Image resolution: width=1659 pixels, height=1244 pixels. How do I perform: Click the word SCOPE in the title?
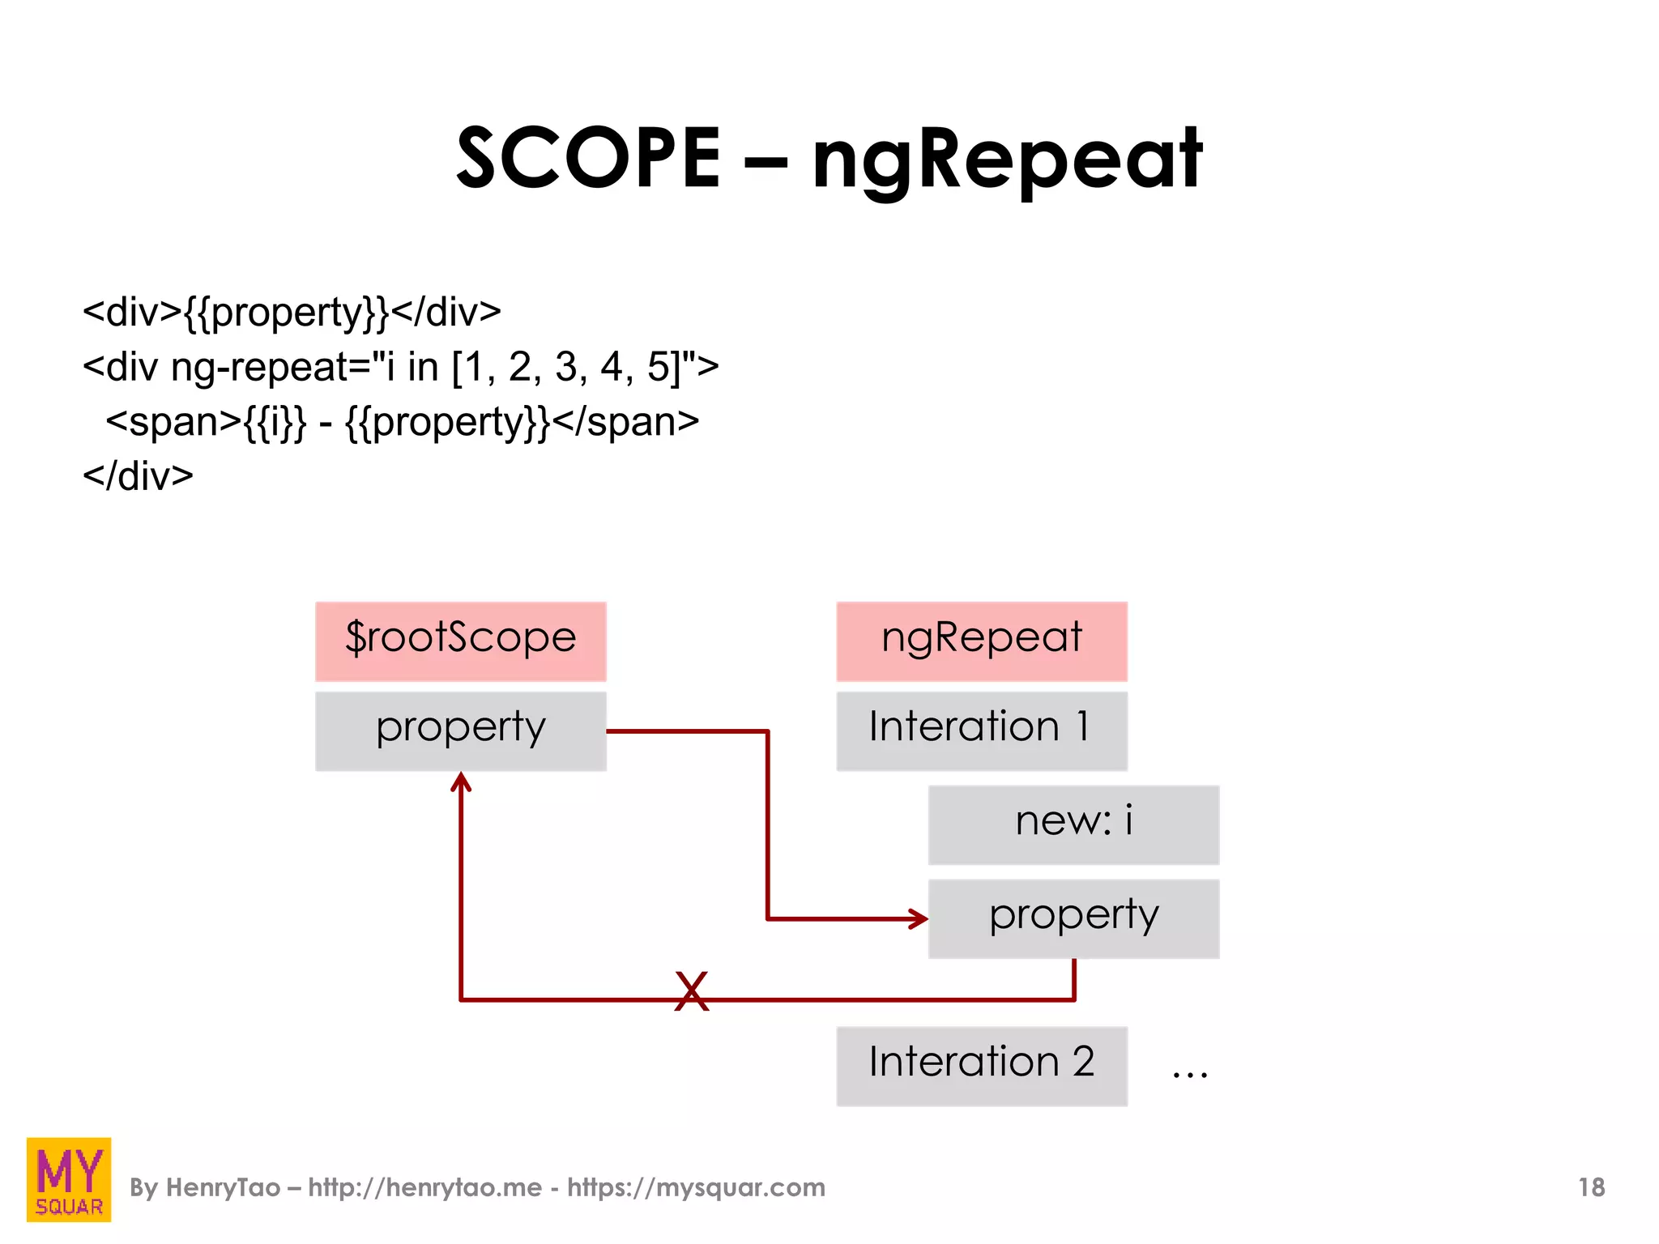point(588,158)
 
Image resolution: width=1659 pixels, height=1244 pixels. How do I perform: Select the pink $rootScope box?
point(460,641)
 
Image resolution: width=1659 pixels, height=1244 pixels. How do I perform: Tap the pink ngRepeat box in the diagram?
point(981,641)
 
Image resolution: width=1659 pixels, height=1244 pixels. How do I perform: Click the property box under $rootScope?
point(460,730)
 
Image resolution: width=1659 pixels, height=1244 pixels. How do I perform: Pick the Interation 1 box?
point(981,730)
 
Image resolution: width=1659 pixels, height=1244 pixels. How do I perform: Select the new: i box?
point(1073,824)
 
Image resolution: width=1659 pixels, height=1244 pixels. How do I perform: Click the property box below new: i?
point(1073,918)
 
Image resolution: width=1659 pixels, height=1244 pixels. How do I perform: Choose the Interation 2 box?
point(981,1065)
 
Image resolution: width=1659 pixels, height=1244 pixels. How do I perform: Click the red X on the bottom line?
point(691,991)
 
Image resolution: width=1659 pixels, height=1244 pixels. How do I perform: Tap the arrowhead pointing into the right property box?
point(919,918)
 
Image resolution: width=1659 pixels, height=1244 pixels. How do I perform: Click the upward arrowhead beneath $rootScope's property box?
point(461,782)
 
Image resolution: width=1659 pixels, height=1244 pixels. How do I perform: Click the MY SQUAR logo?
point(69,1179)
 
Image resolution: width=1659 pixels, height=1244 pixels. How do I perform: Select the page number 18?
point(1591,1187)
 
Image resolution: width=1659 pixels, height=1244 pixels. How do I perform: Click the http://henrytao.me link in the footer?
point(424,1187)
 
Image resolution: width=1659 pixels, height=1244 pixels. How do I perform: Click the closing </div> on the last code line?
point(138,476)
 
